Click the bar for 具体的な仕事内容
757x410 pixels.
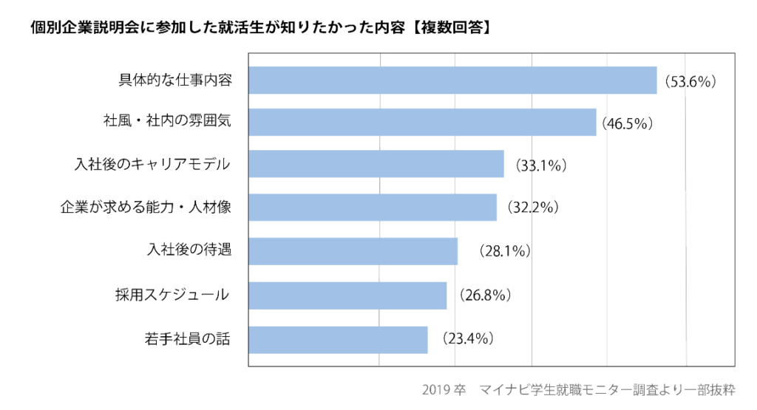pyautogui.click(x=452, y=81)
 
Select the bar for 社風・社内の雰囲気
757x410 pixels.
pyautogui.click(x=422, y=122)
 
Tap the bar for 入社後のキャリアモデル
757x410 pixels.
pyautogui.click(x=376, y=164)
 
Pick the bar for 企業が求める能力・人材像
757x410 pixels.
pyautogui.click(x=373, y=208)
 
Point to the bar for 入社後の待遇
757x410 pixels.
pyautogui.click(x=353, y=251)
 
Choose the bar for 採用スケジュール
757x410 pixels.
pyautogui.click(x=347, y=295)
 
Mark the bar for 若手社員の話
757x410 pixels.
pyautogui.click(x=338, y=340)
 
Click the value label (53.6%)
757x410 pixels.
pyautogui.click(x=690, y=82)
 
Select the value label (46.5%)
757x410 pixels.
pyautogui.click(x=627, y=123)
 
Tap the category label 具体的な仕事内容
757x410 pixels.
pyautogui.click(x=175, y=80)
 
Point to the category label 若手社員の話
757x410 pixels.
pyautogui.click(x=188, y=340)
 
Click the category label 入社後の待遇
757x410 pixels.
pyautogui.click(x=190, y=250)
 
